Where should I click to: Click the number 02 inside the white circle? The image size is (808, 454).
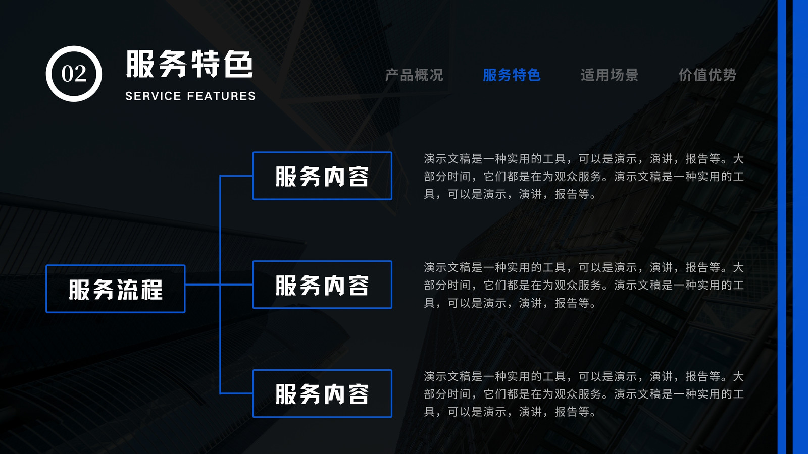[x=74, y=74]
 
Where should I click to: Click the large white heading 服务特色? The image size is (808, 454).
[x=189, y=64]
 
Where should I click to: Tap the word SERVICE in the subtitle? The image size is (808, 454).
[x=154, y=96]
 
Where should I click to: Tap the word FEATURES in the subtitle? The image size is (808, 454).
[x=221, y=96]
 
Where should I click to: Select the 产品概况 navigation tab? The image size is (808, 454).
[x=414, y=75]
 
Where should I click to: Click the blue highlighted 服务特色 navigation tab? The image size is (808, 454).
[x=512, y=75]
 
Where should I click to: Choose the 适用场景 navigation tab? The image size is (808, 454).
[x=610, y=75]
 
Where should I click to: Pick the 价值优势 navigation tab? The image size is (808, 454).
[x=708, y=75]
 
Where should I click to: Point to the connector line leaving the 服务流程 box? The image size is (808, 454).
[x=203, y=285]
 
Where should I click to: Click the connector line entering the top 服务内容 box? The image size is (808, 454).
[x=236, y=176]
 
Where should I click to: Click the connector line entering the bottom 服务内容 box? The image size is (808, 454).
[x=236, y=393]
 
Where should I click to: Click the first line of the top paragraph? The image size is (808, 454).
[x=584, y=159]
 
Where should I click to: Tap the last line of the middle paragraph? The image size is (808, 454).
[x=510, y=303]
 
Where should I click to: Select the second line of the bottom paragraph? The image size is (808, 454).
[x=584, y=394]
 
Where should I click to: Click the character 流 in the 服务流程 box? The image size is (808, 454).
[x=128, y=290]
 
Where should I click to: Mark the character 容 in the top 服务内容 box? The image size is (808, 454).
[x=359, y=177]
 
